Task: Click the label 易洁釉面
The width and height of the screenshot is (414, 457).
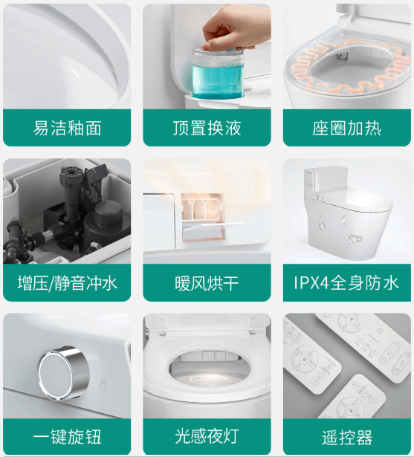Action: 67,128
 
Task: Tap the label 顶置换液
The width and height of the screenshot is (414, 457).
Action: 207,128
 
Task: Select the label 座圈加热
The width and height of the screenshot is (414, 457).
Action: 347,129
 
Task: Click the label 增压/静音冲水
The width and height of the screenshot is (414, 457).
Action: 67,283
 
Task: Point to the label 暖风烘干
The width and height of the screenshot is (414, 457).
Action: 207,283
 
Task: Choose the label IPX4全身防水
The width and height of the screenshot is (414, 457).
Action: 346,282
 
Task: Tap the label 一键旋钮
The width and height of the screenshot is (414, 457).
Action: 67,436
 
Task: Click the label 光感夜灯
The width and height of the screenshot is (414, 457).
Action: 207,436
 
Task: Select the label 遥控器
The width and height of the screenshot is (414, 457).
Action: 347,438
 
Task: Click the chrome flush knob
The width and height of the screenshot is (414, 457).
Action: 64,372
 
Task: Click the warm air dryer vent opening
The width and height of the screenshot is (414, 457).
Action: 202,217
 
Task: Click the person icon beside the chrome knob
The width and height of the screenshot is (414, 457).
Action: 103,384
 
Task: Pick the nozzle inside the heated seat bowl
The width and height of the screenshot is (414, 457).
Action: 343,55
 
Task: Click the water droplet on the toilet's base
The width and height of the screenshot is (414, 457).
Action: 355,239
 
